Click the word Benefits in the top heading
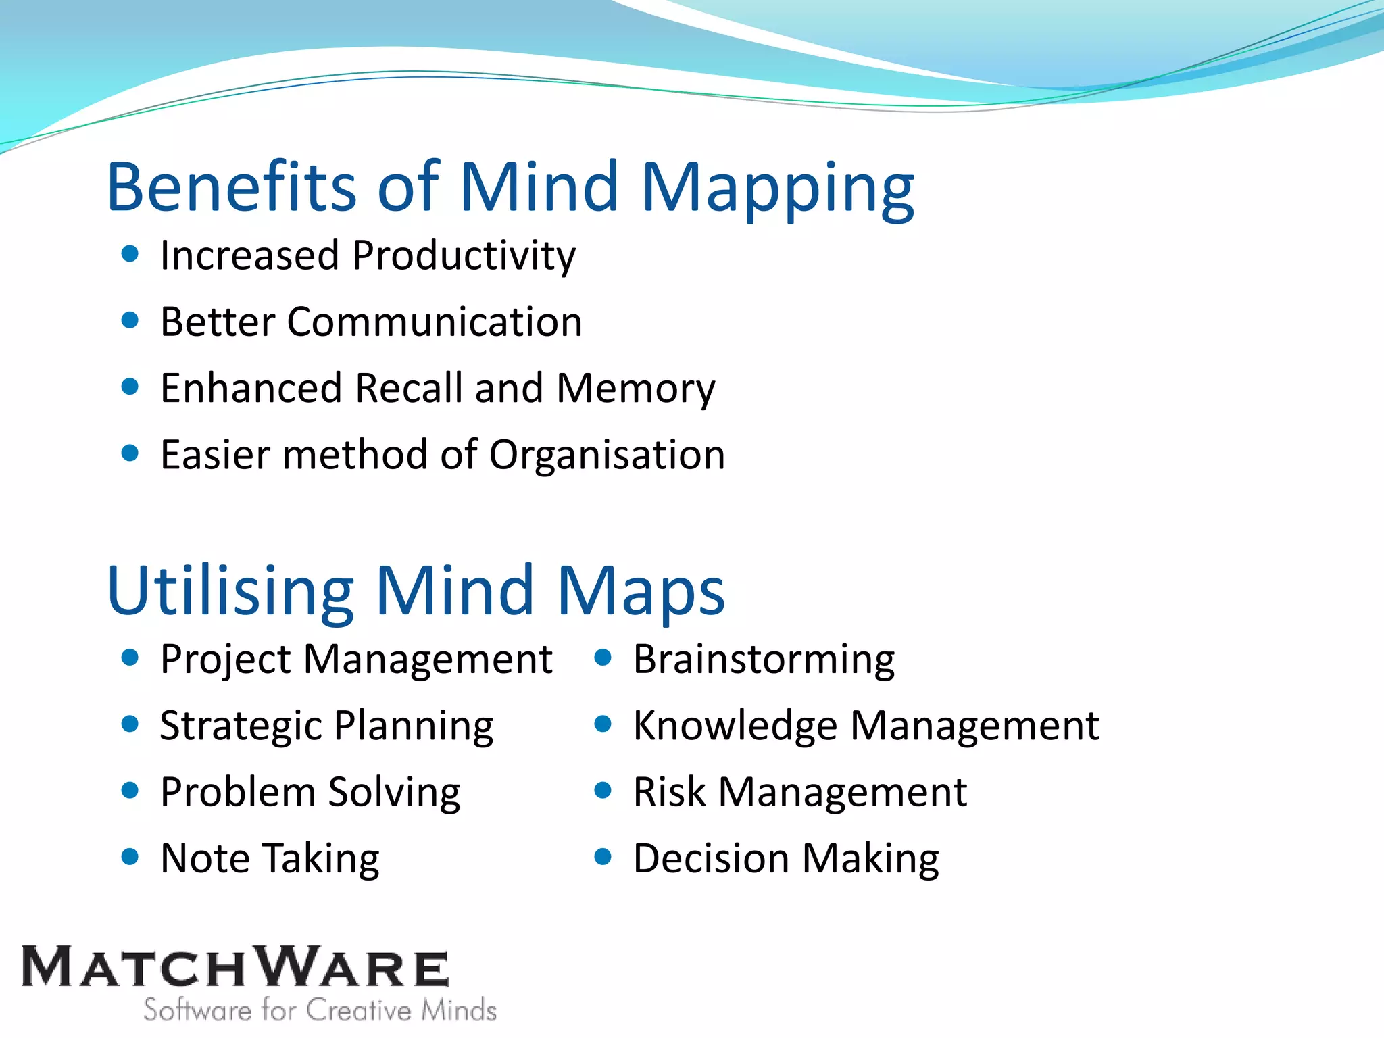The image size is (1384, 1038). (230, 187)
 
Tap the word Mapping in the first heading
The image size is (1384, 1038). (777, 189)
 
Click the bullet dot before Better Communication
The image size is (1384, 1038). (130, 320)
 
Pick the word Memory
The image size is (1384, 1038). (635, 389)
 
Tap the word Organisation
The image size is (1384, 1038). (606, 455)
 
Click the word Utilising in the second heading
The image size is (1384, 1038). (230, 591)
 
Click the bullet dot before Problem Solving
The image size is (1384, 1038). (130, 790)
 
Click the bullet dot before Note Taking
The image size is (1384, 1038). (130, 857)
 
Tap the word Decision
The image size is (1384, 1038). (711, 859)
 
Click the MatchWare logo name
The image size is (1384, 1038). (234, 967)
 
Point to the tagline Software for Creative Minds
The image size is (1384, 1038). (320, 1010)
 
